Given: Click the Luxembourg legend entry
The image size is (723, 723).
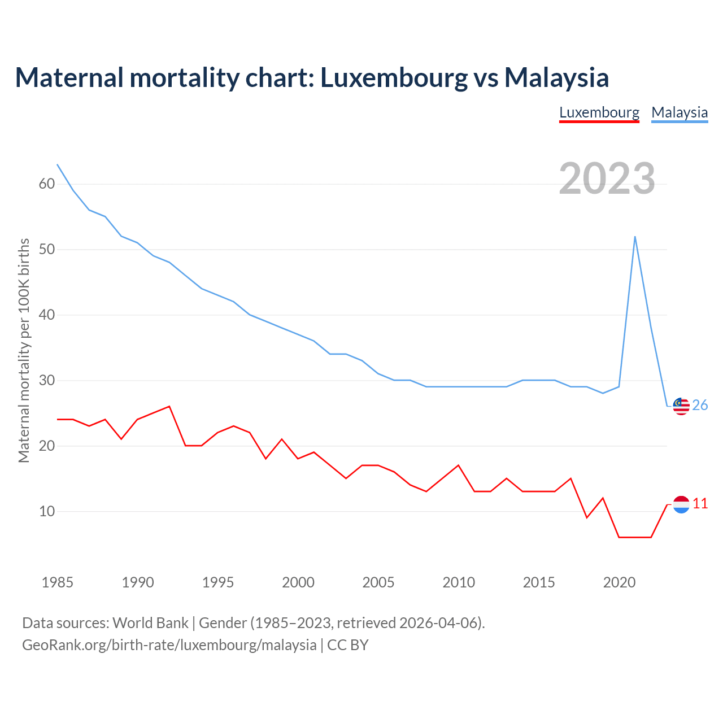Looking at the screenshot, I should [x=599, y=112].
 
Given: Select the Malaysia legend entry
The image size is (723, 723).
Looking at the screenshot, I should [x=680, y=112].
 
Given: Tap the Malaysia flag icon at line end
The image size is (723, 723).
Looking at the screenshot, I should [x=681, y=406].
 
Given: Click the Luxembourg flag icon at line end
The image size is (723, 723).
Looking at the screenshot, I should [x=681, y=504].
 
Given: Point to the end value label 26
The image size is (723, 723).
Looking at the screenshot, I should [x=700, y=406].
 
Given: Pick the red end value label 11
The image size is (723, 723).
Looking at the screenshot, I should [x=700, y=504].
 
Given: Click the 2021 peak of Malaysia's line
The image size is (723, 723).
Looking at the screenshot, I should [x=635, y=237].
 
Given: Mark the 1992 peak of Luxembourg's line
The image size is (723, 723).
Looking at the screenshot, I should [x=169, y=406].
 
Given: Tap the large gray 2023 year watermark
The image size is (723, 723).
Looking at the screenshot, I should [x=607, y=178].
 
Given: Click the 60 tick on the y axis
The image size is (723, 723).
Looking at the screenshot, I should [x=47, y=184].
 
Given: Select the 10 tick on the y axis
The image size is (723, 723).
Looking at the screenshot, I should [x=47, y=512].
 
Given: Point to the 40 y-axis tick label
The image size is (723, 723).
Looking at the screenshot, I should [x=47, y=315].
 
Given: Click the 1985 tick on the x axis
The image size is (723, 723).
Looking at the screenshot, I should [x=58, y=582].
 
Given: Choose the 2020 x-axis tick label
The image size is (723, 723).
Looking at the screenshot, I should [x=619, y=582].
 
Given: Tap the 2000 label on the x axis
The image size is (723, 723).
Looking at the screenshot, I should [x=298, y=582].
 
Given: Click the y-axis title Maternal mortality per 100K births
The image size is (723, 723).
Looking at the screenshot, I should [x=24, y=350].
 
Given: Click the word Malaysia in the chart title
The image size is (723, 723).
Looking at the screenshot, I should [x=556, y=77].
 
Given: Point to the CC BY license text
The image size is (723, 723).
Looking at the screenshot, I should [x=348, y=645].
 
